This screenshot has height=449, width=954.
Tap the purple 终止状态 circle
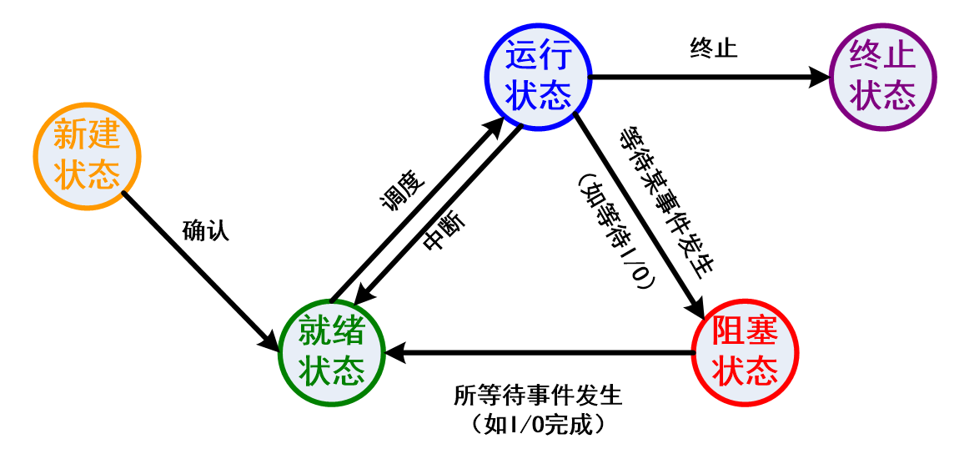pos(883,77)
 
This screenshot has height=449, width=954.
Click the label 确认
pos(205,231)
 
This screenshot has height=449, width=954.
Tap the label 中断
pos(444,230)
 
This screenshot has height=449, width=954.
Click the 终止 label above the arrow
pos(714,48)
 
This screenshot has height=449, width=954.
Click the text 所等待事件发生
pos(538,393)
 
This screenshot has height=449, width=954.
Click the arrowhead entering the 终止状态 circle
pos(821,77)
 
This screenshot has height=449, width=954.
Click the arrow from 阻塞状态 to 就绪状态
pos(542,354)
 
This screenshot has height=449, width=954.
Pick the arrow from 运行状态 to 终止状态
pos(700,77)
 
